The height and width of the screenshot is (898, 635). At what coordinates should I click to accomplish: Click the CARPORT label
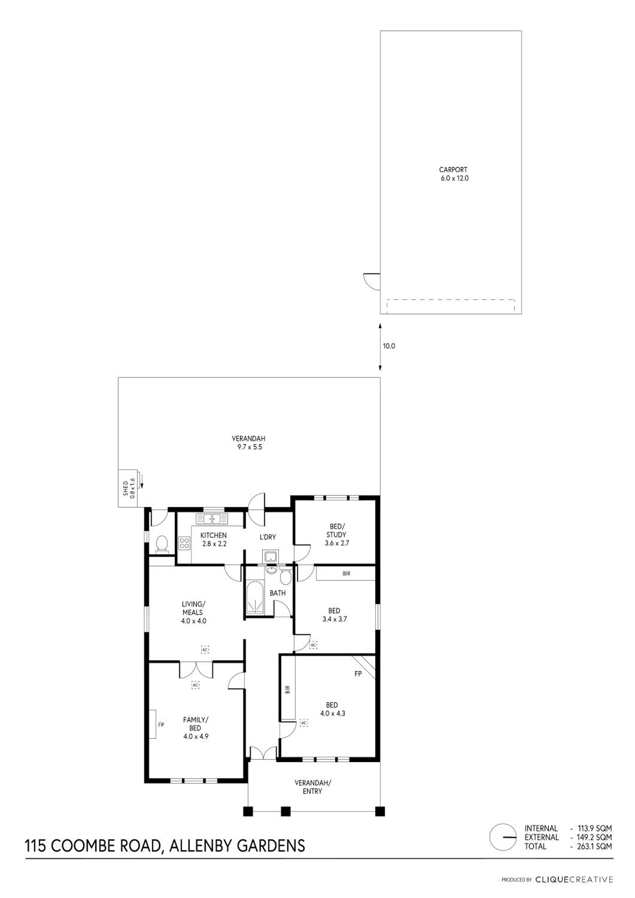pos(453,170)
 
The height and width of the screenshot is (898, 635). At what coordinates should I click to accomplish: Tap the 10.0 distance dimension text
pos(389,346)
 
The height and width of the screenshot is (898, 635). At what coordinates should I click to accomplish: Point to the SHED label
pos(126,489)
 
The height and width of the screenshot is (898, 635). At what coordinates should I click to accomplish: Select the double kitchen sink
pos(212,519)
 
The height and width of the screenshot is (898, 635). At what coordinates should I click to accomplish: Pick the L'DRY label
pos(268,537)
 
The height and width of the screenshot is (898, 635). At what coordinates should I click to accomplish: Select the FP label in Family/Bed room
pos(161,725)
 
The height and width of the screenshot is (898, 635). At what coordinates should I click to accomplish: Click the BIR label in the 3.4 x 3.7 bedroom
pos(346,574)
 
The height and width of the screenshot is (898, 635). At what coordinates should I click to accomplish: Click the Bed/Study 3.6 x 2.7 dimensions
pos(337,543)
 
